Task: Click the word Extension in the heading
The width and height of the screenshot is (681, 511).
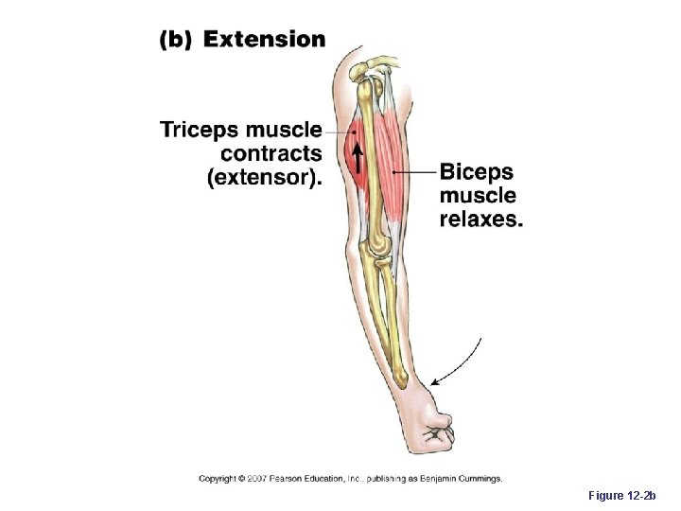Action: pos(264,39)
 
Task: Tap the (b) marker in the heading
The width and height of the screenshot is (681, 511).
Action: pos(175,40)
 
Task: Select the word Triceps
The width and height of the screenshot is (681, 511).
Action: pos(201,130)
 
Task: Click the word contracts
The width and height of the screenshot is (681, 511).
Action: pos(271,153)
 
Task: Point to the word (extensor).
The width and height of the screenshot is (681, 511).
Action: pos(263,177)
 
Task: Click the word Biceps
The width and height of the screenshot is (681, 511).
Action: pos(476,172)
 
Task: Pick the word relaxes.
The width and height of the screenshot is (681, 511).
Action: pos(480,220)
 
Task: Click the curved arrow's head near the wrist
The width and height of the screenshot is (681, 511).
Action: pos(434,380)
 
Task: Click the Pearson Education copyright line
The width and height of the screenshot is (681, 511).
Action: pos(350,479)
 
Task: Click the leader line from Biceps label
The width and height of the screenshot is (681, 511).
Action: pos(414,172)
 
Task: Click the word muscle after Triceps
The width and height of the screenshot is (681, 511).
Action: pos(284,130)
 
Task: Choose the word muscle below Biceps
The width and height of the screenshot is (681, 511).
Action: pos(478,196)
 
